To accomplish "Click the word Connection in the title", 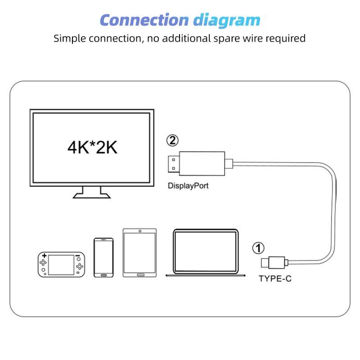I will point(144,20).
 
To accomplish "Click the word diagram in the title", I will point(227,20).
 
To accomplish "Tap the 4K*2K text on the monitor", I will point(92,148).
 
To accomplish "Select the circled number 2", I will point(172,140).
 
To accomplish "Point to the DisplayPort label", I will point(188,185).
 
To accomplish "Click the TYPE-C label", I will point(275,279).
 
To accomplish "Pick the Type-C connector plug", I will point(273,261).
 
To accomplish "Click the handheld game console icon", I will point(61,265).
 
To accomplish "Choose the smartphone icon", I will point(103,257).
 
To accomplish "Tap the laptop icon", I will point(206,253).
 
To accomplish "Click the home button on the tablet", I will point(139,273).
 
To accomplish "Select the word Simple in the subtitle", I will point(67,38).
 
